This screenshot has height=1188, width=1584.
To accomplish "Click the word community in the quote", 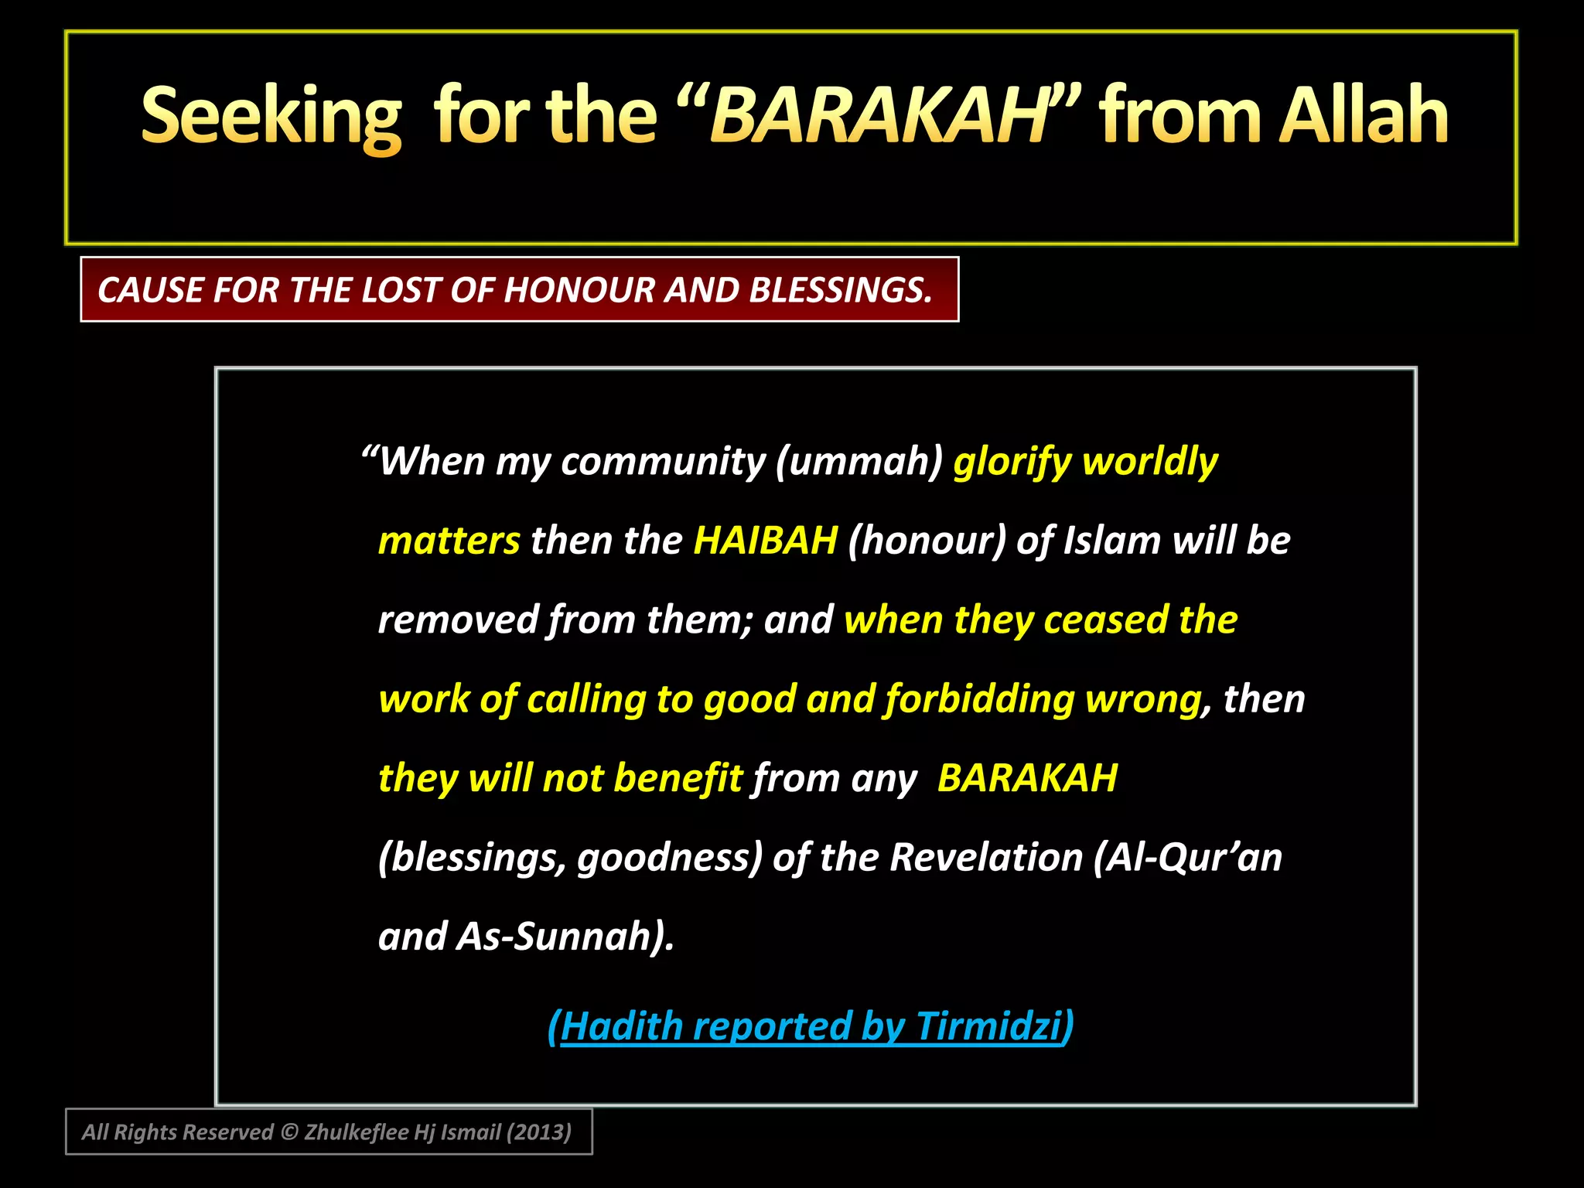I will (663, 462).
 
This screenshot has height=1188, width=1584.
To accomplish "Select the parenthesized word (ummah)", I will (859, 462).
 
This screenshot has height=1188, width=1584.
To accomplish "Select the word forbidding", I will (980, 700).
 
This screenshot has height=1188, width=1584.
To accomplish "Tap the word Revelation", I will (986, 858).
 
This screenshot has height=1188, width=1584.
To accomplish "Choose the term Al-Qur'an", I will (1189, 858).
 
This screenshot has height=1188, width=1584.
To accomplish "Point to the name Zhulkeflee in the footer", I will (356, 1132).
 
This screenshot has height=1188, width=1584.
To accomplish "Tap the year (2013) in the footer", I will (538, 1132).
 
